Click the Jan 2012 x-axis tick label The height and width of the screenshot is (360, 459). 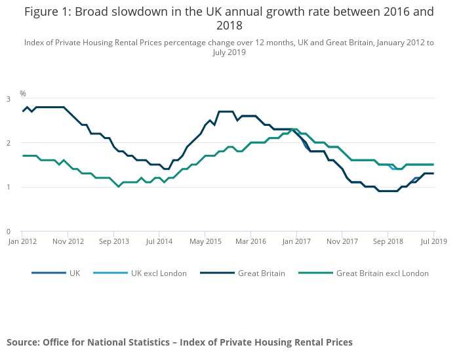click(x=22, y=241)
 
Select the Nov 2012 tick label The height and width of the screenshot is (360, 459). click(x=68, y=241)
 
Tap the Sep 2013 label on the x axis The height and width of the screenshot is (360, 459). click(x=113, y=241)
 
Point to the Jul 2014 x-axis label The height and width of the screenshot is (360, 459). click(x=159, y=241)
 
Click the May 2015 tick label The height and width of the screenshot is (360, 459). click(x=205, y=241)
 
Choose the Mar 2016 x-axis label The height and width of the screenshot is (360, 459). click(x=250, y=241)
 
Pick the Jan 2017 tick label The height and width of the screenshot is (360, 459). click(x=296, y=241)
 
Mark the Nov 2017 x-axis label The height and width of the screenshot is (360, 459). click(x=342, y=241)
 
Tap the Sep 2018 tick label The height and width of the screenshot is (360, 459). click(x=388, y=241)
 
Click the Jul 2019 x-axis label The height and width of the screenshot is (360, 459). click(x=433, y=241)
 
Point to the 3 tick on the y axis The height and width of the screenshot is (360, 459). click(x=9, y=99)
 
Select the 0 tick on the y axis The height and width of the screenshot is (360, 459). click(x=9, y=231)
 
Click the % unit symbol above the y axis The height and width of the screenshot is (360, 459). click(x=22, y=94)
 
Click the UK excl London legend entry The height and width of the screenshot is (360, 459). click(x=159, y=273)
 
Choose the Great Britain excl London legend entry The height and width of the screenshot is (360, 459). click(x=382, y=273)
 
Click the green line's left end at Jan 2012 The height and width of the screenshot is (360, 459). click(x=23, y=155)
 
